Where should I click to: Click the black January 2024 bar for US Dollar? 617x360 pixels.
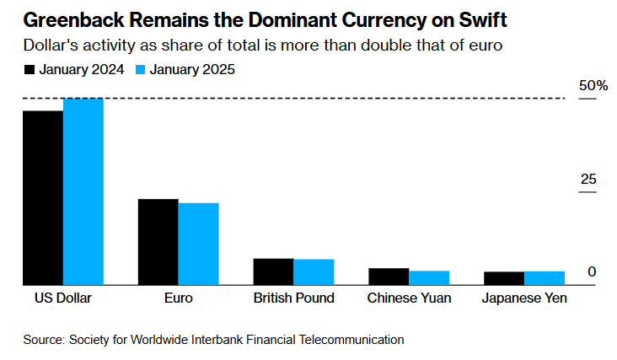(x=43, y=198)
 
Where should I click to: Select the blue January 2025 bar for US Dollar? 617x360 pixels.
(x=83, y=192)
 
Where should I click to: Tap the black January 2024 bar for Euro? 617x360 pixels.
(x=158, y=243)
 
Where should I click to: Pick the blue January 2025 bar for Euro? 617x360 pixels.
(x=198, y=244)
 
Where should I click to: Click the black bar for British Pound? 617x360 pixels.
(x=273, y=272)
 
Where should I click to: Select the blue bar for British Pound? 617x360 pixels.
(x=314, y=272)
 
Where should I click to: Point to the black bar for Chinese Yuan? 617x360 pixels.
(x=389, y=277)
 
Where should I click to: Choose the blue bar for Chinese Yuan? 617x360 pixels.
(x=429, y=278)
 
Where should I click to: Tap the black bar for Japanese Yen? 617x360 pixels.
(x=504, y=279)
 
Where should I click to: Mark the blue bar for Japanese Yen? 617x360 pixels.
(x=545, y=278)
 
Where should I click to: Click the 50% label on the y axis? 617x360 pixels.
(x=592, y=86)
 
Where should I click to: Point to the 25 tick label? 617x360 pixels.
(x=587, y=180)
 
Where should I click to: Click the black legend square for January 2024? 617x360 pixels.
(x=30, y=70)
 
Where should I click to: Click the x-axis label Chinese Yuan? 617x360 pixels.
(x=409, y=298)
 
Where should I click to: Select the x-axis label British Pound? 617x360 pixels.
(x=293, y=298)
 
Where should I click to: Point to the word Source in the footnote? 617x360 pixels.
(x=44, y=340)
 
